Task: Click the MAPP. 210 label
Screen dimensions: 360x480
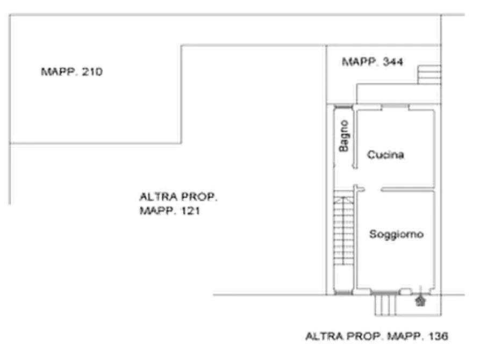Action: click(71, 71)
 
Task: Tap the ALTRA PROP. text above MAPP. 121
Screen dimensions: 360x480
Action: click(177, 197)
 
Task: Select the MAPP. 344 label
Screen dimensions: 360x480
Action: click(375, 63)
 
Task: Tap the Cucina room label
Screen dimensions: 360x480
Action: click(385, 155)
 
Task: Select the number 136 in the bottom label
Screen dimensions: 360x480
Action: click(439, 337)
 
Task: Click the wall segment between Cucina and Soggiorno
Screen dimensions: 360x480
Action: click(406, 187)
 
